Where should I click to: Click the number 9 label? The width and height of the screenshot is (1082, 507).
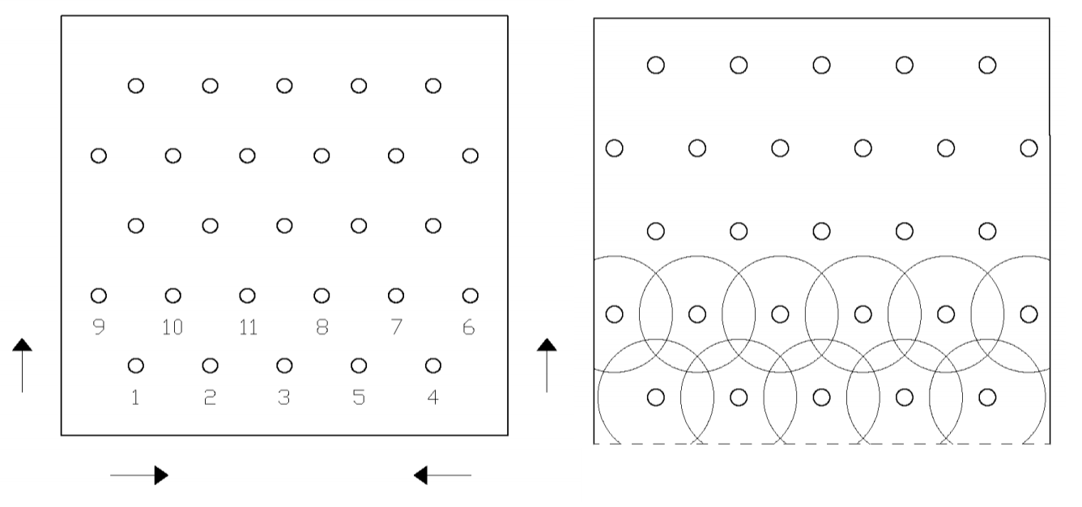pos(99,327)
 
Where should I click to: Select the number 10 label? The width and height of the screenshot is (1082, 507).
pos(173,327)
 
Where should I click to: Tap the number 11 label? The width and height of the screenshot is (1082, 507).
pos(249,327)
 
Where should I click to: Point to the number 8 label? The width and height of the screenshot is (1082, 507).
pos(322,327)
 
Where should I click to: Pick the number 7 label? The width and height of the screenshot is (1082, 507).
pos(397,327)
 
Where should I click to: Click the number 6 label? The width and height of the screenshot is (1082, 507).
pos(469,327)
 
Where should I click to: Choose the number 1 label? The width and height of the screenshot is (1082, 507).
pos(135,398)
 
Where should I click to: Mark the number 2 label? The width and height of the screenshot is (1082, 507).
pos(210,398)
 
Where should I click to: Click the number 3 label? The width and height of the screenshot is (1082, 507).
pos(284,398)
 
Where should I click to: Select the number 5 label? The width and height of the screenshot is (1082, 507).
pos(359,398)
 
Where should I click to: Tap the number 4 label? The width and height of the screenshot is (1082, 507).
pos(432,398)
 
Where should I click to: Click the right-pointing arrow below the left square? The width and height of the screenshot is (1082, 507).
pos(139,475)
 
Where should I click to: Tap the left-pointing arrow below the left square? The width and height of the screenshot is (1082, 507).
pos(442,475)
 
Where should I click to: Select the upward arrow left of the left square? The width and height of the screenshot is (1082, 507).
pos(22,365)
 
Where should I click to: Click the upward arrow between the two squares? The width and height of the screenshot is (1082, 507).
pos(547,365)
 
